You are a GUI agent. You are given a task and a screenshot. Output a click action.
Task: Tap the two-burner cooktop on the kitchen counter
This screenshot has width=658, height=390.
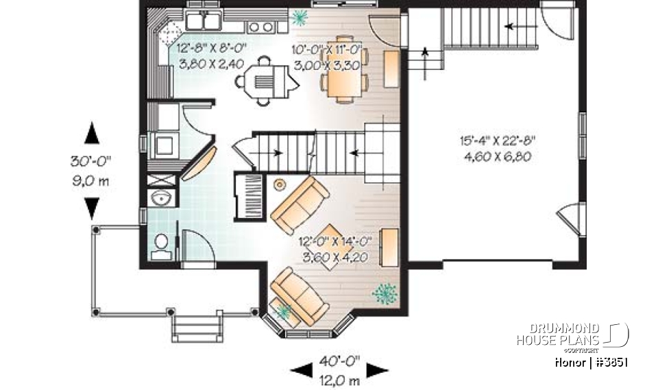coord(260,27)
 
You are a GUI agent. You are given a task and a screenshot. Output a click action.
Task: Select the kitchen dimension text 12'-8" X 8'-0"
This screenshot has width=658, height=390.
coord(211,49)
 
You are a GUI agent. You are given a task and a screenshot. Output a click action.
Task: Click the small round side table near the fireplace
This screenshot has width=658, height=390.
coord(280,184)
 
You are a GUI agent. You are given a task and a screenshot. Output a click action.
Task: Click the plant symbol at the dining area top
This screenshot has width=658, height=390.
coord(299,15)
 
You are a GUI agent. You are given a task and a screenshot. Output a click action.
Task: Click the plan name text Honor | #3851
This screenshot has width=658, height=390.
coord(592,363)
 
